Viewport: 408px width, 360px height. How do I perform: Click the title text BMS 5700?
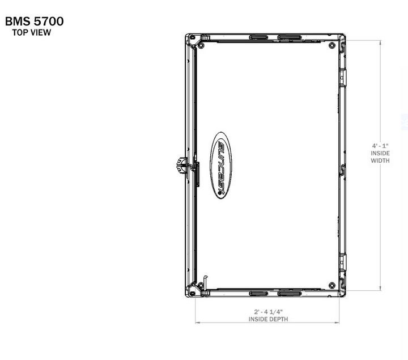pyautogui.click(x=34, y=22)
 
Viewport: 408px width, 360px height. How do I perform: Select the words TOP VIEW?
pyautogui.click(x=32, y=33)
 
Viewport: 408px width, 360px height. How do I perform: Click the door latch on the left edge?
pyautogui.click(x=180, y=166)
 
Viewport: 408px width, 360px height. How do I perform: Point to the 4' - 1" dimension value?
pyautogui.click(x=380, y=146)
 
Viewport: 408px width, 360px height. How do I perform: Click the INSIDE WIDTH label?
pyautogui.click(x=380, y=157)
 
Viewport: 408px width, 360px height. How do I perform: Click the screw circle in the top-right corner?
pyautogui.click(x=331, y=45)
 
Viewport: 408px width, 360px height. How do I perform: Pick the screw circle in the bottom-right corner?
pyautogui.click(x=331, y=284)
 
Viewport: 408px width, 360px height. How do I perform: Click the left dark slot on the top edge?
pyautogui.click(x=260, y=37)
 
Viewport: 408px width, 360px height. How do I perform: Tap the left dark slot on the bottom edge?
pyautogui.click(x=260, y=293)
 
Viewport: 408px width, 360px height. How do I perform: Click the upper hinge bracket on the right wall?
pyautogui.click(x=342, y=77)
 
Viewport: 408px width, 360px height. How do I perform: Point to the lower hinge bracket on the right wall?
pyautogui.click(x=342, y=262)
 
